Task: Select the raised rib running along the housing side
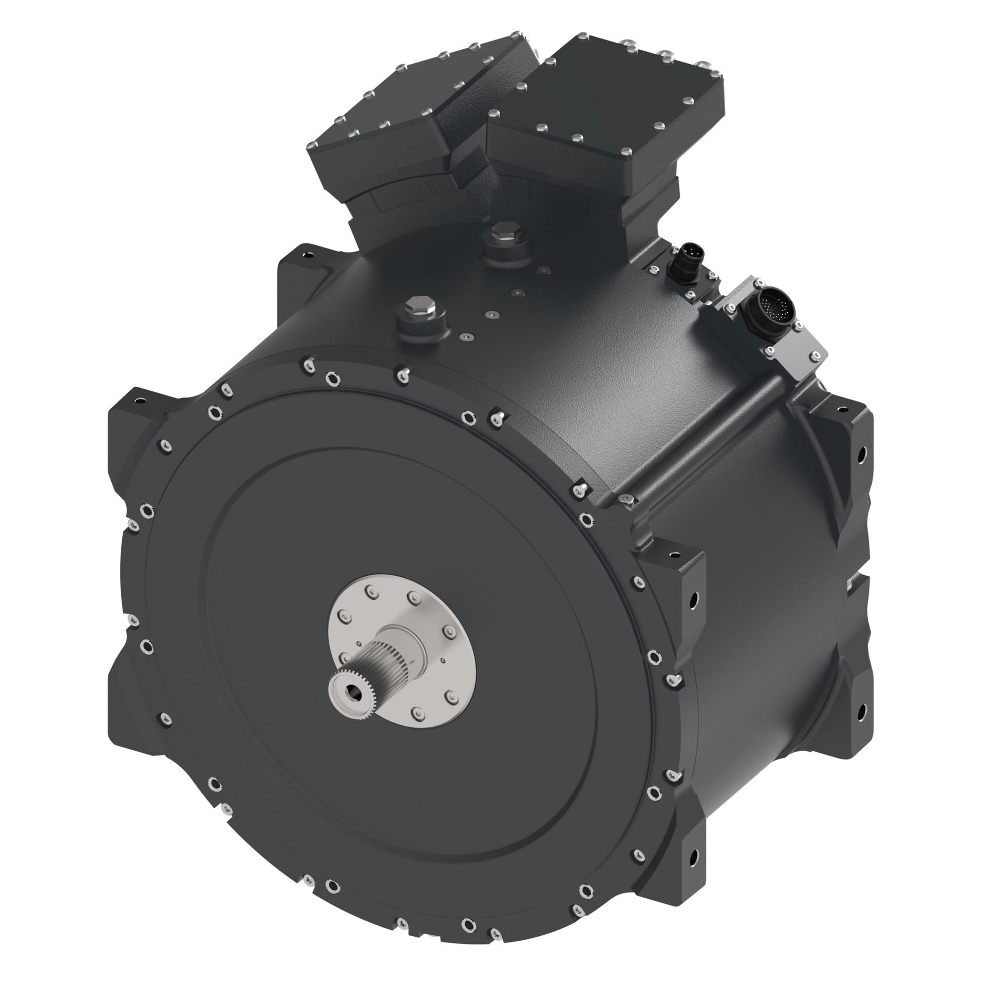704,442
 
